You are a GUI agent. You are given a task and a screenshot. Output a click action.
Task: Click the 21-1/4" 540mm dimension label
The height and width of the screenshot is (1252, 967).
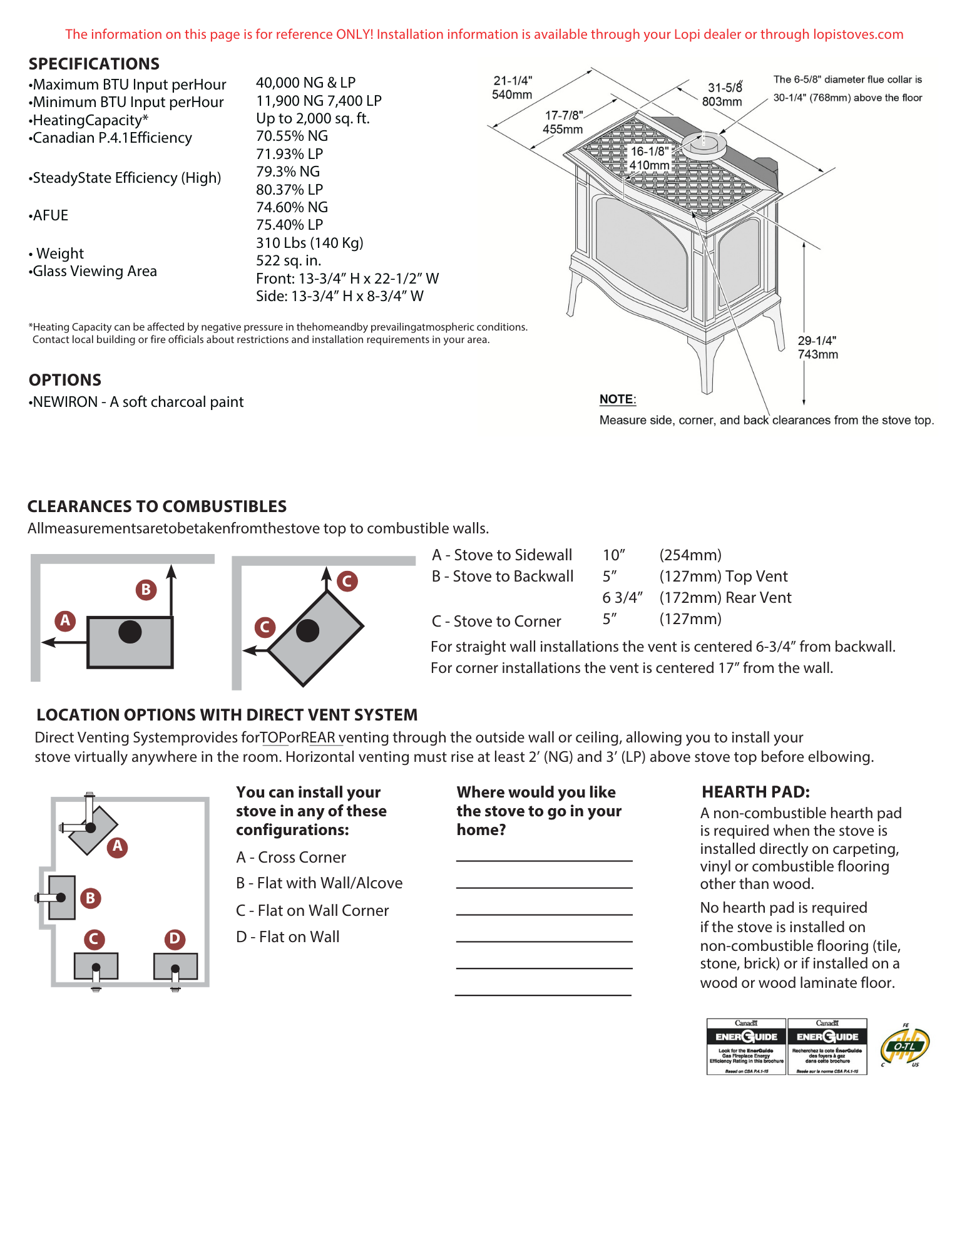pos(512,88)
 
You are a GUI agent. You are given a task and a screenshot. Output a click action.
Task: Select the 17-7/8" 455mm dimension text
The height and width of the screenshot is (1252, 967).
pos(563,123)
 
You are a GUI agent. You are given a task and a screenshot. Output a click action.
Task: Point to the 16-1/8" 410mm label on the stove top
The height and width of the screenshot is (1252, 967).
pos(649,158)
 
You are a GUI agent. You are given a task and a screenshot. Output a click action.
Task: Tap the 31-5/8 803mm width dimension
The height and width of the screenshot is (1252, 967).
pos(724,95)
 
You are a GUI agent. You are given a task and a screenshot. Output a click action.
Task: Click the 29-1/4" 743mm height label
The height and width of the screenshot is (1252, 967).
pos(817,347)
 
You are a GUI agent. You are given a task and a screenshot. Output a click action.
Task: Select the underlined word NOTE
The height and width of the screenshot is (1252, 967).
pos(617,399)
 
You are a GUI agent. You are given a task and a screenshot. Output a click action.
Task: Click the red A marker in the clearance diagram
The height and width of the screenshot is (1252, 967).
pos(65,620)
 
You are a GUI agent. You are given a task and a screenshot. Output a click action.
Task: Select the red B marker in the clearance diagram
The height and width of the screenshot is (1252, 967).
pos(146,589)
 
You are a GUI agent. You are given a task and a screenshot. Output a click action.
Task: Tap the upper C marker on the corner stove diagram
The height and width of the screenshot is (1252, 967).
pos(347,581)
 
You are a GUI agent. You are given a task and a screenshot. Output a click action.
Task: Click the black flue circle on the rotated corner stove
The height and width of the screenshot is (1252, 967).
pos(307,630)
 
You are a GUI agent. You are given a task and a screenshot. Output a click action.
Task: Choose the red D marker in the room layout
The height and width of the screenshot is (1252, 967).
pos(175,938)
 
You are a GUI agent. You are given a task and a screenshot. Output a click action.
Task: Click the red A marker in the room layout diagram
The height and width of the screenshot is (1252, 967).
pos(117,847)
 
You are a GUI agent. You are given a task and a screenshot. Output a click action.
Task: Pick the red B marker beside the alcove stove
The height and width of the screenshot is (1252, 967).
pos(90,898)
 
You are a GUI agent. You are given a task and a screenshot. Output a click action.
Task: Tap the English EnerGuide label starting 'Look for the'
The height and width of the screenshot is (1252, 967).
pos(746,1049)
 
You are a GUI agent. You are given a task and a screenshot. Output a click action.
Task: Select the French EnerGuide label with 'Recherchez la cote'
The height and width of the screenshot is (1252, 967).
pos(827,1049)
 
